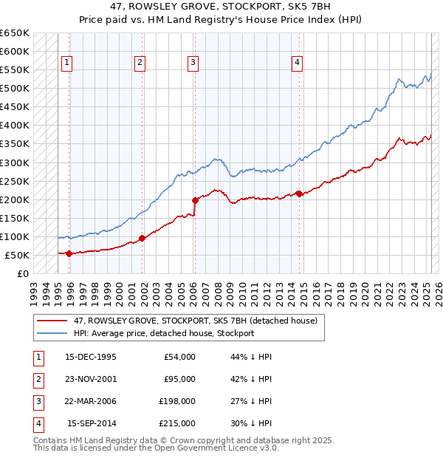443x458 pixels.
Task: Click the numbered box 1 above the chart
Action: [x=66, y=64]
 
